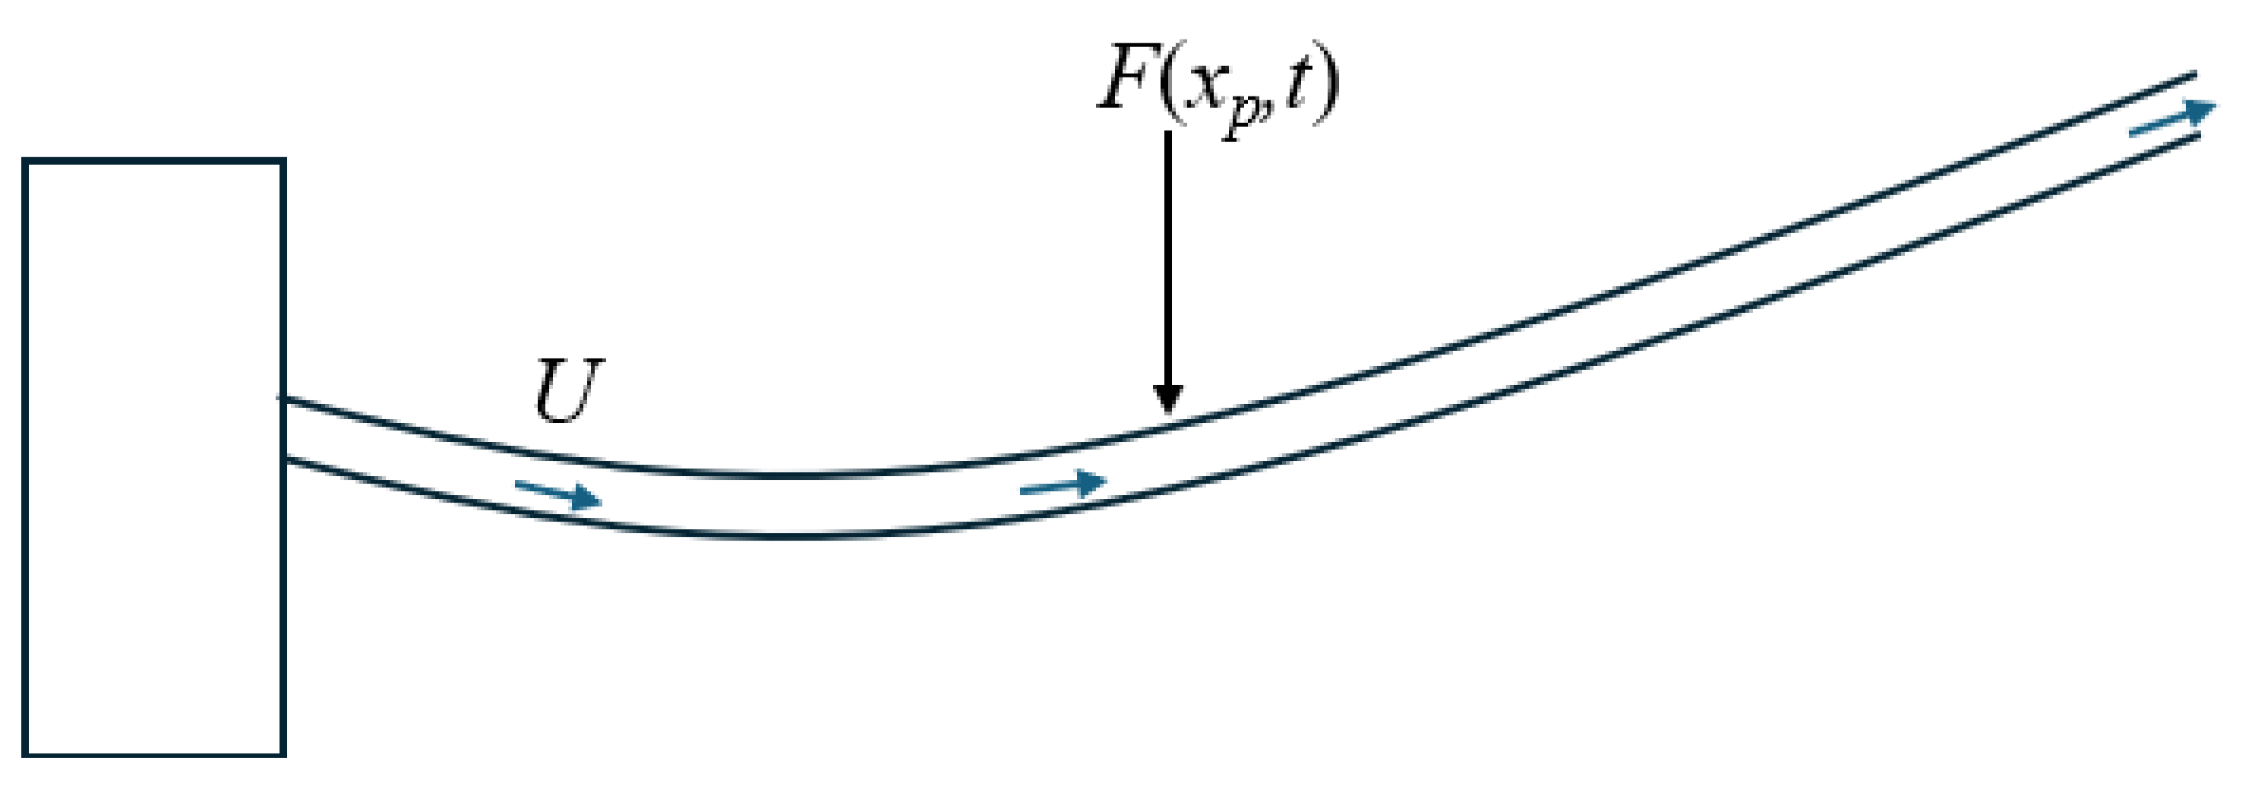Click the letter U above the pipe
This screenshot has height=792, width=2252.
pos(568,391)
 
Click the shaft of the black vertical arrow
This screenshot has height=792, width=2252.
pos(1167,262)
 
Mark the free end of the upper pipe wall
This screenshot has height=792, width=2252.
pos(2194,75)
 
